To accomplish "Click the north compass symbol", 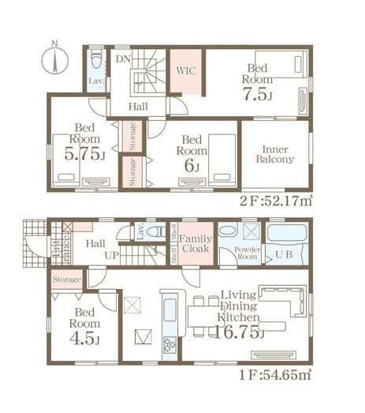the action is [54, 59].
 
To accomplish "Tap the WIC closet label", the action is [186, 70].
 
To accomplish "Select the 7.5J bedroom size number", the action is [257, 94].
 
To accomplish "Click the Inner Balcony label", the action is [275, 154].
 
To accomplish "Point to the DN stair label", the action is [123, 59].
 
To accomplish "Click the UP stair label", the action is [112, 255].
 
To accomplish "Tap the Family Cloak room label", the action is [196, 244].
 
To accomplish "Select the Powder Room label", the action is [248, 253].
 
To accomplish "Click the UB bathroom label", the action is [284, 255].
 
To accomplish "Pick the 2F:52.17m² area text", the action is [276, 201].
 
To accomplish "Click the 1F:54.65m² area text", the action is [276, 374].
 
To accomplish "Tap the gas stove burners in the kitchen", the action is [169, 345].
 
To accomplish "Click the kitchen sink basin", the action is [169, 310].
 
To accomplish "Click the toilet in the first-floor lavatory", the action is [156, 232].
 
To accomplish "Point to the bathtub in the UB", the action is [287, 233].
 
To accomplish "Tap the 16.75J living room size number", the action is [240, 332].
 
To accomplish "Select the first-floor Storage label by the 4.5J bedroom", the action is [66, 280].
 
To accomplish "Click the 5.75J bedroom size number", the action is [84, 154].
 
